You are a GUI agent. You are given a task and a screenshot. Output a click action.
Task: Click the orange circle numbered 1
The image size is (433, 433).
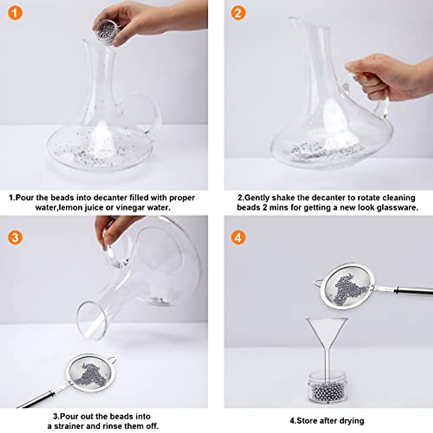(x=14, y=13)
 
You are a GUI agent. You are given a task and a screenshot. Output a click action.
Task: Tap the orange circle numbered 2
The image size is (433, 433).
(x=237, y=13)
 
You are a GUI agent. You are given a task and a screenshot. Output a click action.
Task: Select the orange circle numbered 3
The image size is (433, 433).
(x=14, y=237)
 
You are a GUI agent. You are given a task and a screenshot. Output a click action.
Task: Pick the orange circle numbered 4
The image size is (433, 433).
(x=237, y=237)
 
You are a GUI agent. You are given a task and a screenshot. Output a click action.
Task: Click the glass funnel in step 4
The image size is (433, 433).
(x=327, y=336)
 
